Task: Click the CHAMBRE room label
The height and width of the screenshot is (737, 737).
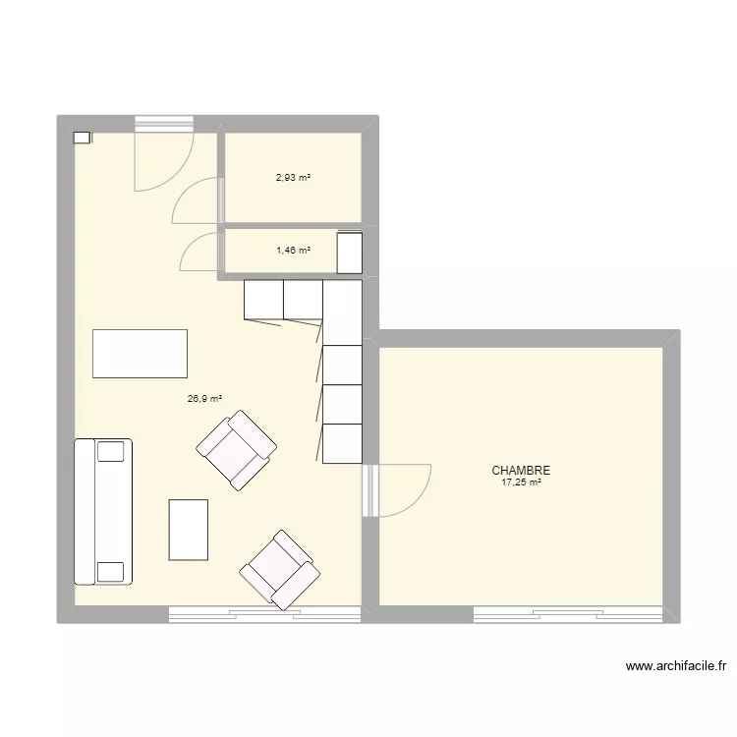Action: point(521,470)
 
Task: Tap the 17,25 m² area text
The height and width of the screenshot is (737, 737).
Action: point(521,482)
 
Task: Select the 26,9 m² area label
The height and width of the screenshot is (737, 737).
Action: point(204,399)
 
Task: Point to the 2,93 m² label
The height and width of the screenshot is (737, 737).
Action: point(293,178)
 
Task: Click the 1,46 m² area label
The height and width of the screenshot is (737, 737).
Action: point(293,251)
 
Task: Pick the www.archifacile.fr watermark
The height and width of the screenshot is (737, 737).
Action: point(676,666)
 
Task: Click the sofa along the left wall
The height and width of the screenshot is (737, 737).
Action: point(103,512)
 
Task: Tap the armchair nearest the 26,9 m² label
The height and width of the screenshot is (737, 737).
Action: point(237,450)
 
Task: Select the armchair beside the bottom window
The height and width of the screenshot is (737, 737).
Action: point(280,570)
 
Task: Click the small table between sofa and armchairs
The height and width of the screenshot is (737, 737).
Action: point(189,530)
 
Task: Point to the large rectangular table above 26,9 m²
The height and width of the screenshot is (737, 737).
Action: point(141,354)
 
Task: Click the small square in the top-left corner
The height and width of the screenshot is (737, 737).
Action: point(82,138)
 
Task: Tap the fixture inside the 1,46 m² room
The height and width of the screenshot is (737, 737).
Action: point(350,253)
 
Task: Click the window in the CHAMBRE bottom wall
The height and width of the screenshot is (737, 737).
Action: point(568,615)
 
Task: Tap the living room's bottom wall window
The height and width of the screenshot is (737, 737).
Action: point(264,615)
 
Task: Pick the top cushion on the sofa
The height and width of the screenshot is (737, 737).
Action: point(111,451)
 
